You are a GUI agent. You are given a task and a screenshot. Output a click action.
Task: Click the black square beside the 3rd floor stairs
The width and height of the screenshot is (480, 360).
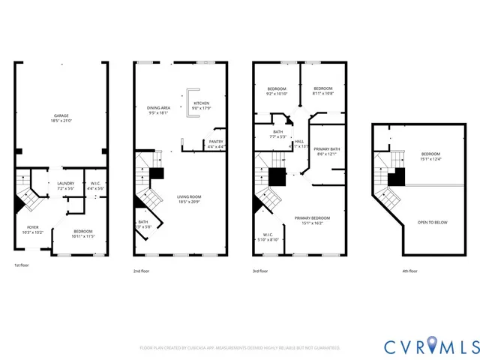point(277,178)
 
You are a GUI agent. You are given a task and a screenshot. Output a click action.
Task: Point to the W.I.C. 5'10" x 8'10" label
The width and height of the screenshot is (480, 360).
point(268,236)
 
